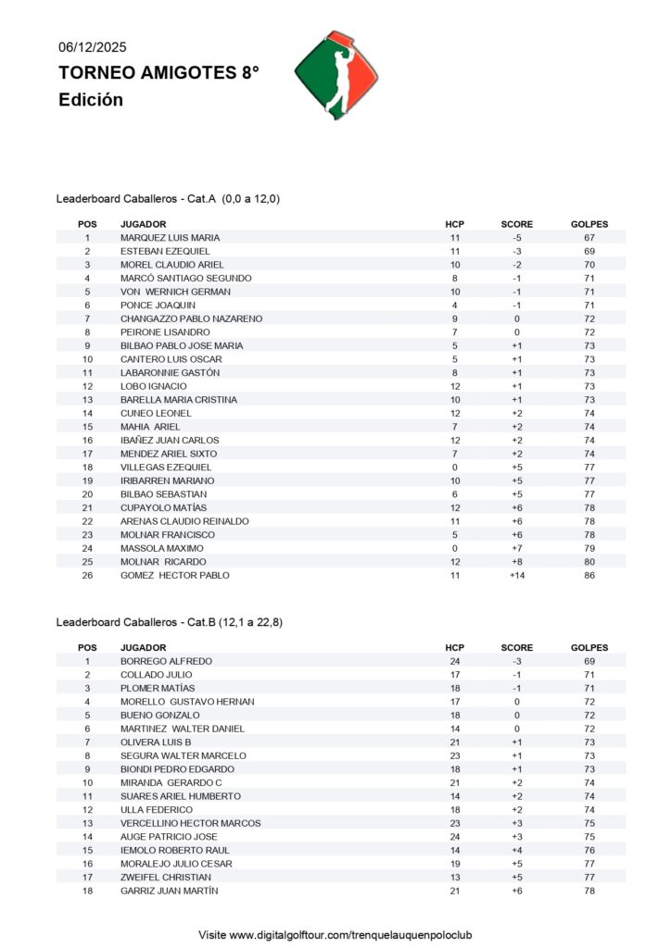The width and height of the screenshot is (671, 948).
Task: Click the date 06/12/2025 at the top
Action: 93,46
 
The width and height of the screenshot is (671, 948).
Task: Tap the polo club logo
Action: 336,76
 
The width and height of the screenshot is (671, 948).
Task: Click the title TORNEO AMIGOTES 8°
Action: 158,73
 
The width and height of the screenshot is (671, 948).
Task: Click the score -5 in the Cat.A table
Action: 516,238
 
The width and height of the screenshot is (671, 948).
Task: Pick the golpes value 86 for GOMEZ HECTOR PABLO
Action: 589,576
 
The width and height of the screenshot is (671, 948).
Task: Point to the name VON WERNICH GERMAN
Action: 168,292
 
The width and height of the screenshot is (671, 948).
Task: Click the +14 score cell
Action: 516,576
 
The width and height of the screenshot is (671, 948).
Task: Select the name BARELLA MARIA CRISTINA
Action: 179,400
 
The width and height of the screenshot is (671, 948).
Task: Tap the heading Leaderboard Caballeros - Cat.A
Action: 168,198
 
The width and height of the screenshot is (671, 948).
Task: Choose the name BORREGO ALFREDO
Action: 166,662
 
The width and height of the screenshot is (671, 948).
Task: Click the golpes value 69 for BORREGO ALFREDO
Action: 589,662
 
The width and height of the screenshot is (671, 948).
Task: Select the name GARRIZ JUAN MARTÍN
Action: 171,891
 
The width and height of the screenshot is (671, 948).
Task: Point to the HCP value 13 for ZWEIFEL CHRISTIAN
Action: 454,878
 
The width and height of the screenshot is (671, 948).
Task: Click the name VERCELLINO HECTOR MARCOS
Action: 190,823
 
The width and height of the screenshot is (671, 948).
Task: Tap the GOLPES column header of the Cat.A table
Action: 589,224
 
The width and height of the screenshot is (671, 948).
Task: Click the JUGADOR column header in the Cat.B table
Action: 144,648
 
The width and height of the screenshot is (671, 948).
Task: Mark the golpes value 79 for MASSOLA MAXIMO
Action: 589,549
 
